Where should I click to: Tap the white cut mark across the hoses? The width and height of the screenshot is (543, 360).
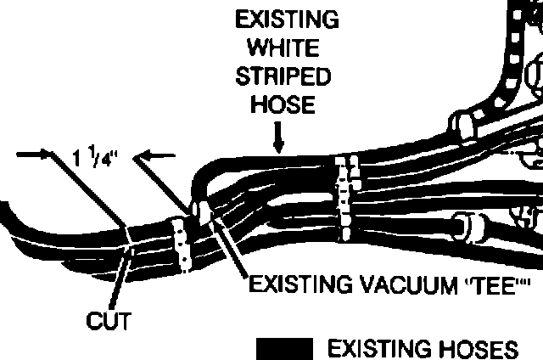coord(127,242)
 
